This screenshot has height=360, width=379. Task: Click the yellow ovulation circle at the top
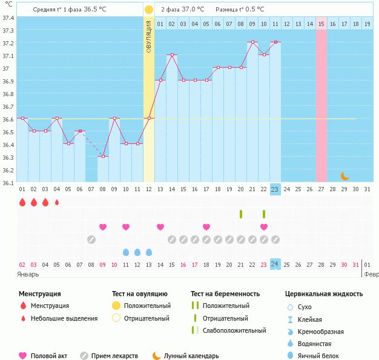[149, 10]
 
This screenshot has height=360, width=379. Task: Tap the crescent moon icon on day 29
[344, 176]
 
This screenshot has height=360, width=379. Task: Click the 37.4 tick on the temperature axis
[7, 18]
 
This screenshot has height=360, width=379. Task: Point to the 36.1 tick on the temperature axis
[7, 182]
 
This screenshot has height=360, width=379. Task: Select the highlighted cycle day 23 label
[275, 189]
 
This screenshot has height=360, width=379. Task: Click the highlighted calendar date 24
[275, 264]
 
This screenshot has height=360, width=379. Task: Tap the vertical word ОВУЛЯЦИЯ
[149, 36]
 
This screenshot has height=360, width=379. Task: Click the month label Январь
[28, 273]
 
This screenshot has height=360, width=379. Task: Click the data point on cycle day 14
[172, 55]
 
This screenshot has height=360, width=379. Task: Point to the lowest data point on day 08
[103, 157]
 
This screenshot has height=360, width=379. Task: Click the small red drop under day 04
[57, 202]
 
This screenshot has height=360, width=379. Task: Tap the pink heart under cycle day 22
[264, 227]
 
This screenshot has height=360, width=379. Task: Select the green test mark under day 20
[241, 214]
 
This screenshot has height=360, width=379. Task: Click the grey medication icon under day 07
[91, 240]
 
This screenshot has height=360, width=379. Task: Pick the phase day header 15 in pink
[321, 24]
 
